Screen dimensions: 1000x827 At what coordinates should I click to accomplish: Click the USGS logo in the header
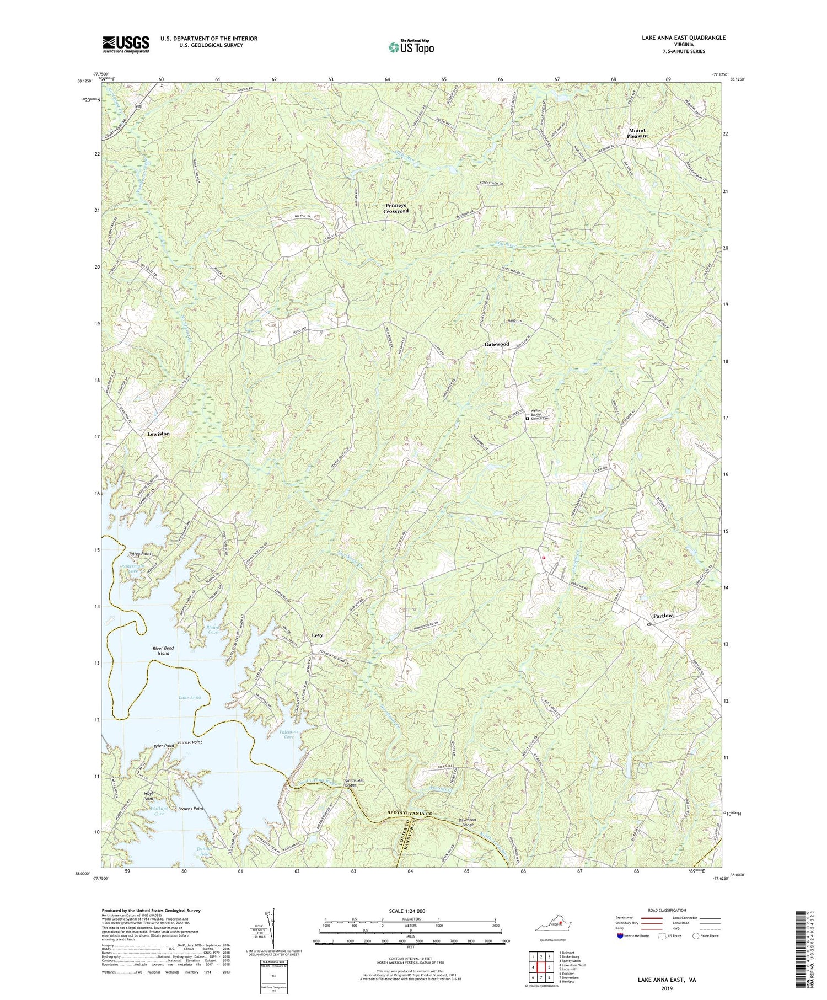125,44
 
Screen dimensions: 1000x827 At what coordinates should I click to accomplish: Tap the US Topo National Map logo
410,47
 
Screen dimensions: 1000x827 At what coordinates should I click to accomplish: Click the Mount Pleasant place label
637,133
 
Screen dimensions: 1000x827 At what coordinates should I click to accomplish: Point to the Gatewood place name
497,344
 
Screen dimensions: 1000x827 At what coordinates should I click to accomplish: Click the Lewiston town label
158,434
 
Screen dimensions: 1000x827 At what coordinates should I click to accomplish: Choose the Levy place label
317,635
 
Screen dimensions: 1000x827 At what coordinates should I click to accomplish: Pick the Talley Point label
139,553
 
